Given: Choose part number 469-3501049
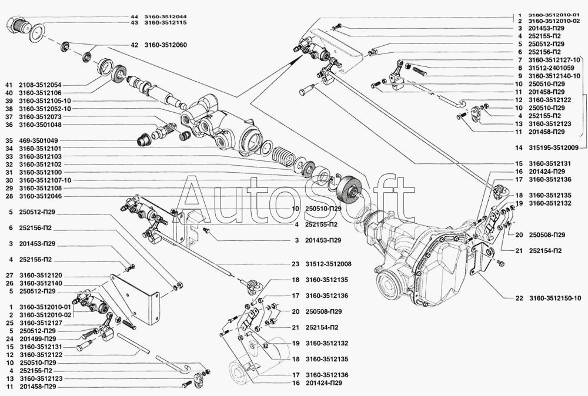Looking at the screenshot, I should (38, 141).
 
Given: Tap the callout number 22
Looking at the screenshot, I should (519, 298).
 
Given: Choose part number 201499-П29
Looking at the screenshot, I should (38, 339).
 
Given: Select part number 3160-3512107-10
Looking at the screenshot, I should (45, 180).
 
